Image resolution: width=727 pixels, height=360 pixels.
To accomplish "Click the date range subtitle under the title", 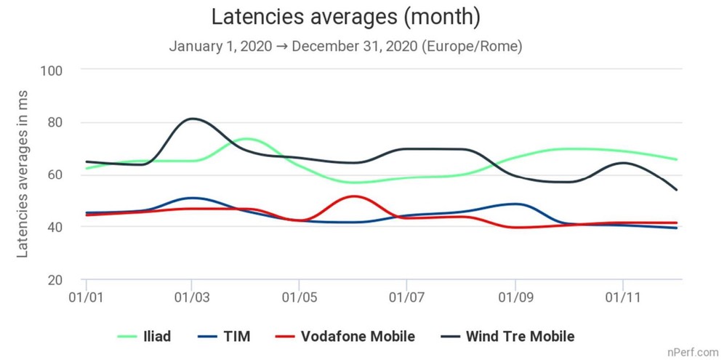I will [x=345, y=46].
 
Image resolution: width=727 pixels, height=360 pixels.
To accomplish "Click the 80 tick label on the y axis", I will [x=56, y=122].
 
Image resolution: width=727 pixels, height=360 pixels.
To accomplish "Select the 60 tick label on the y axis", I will [x=56, y=175].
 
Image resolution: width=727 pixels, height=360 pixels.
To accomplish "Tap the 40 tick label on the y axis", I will [x=56, y=227].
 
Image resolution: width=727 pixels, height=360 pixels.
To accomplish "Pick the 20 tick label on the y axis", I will [x=56, y=279].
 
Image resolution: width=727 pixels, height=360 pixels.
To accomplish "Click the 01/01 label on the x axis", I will [x=87, y=297].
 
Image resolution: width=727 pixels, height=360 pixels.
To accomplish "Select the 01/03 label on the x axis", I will [x=191, y=297].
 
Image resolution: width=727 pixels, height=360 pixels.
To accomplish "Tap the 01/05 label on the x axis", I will [x=299, y=297].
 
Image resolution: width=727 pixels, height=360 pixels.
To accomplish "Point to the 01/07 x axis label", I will [x=406, y=297].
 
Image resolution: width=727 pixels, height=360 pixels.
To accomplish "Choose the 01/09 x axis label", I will [x=515, y=297].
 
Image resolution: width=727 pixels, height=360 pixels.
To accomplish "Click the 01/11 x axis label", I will [x=622, y=297].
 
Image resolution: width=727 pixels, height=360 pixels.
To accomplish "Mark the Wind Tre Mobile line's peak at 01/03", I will [x=191, y=118].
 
